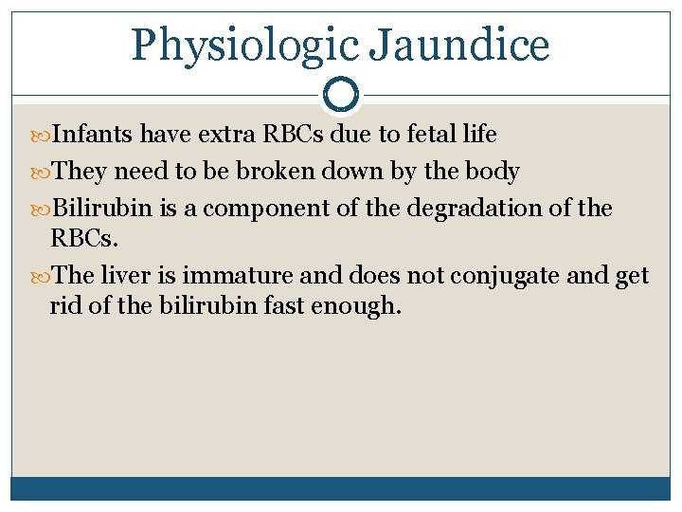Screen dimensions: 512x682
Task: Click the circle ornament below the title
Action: click(341, 95)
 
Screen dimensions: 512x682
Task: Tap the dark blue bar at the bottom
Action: click(341, 487)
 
